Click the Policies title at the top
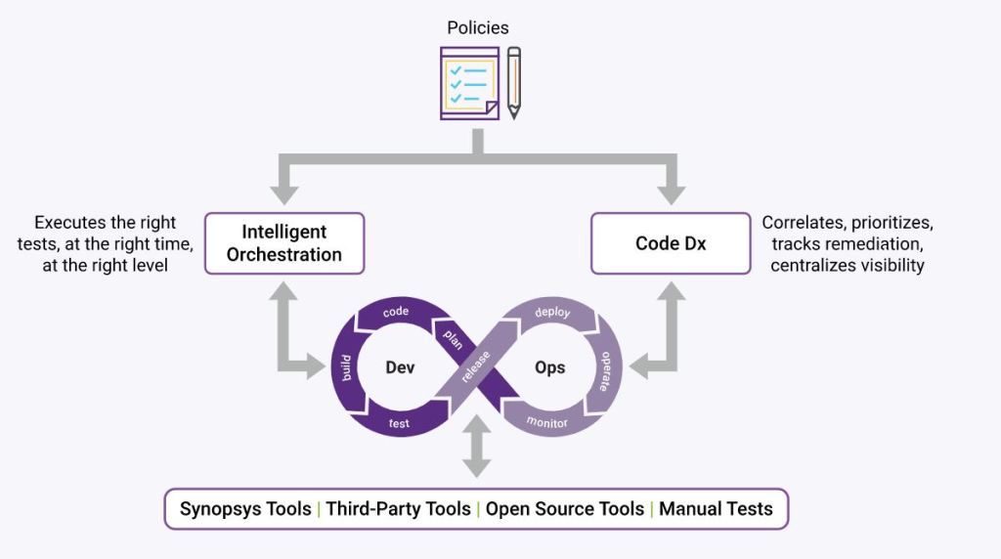click(477, 27)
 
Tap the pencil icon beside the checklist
click(514, 83)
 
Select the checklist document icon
click(469, 83)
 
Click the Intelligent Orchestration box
click(284, 243)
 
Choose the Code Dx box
click(671, 243)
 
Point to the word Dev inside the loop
click(400, 367)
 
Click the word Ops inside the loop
click(550, 367)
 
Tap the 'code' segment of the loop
click(395, 312)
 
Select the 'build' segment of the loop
click(345, 368)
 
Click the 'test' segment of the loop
click(399, 424)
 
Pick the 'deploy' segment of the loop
click(552, 313)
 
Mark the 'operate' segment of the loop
click(606, 371)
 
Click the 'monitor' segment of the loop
click(547, 422)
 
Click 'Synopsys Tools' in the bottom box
click(245, 509)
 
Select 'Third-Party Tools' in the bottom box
click(398, 509)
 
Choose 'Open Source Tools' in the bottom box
click(565, 509)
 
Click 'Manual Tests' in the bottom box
click(716, 509)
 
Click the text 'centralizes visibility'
click(847, 266)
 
